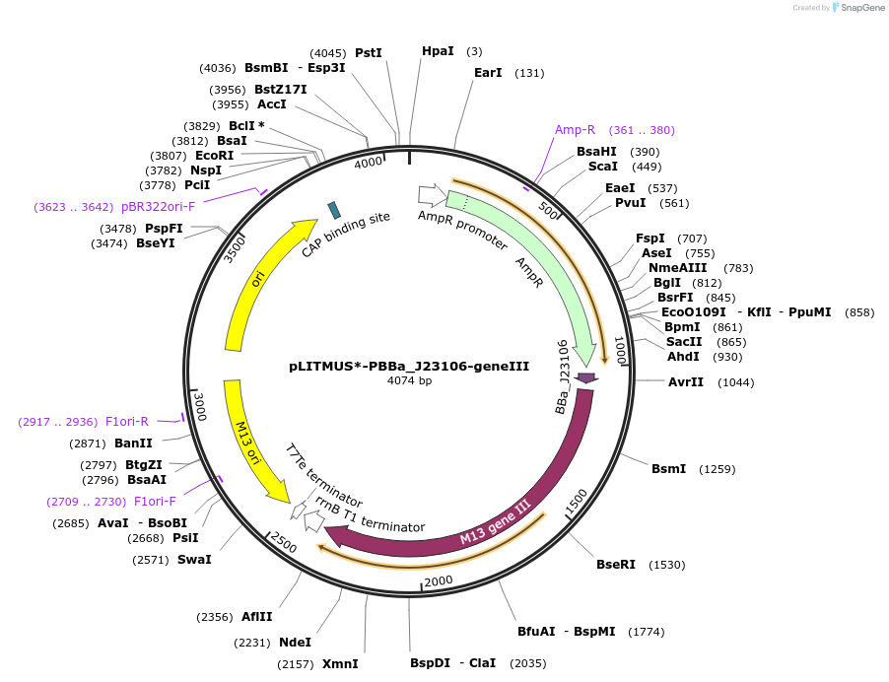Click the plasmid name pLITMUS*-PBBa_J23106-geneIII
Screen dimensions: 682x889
409,366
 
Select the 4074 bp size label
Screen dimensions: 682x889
409,380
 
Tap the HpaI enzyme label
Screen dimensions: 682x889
438,51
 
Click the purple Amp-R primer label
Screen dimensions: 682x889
575,130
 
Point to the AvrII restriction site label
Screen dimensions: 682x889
685,382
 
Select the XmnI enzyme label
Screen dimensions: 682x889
340,663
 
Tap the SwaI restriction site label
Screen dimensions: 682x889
194,560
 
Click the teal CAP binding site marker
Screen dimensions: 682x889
334,209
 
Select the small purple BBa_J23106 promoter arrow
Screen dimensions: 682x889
586,378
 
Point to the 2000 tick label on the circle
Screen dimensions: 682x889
439,580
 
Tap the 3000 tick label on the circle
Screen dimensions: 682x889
200,405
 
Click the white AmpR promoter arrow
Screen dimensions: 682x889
431,195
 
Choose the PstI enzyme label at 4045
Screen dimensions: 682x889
368,53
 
